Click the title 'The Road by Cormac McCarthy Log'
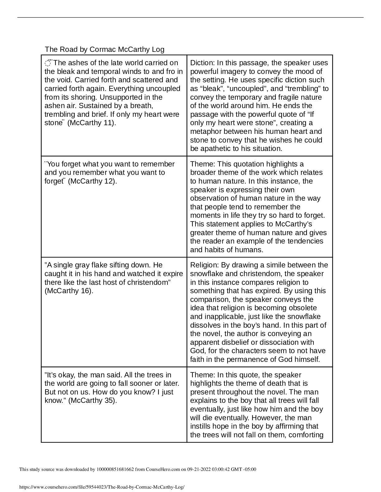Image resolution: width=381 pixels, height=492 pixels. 104,49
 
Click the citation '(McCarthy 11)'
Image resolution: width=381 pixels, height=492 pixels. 91,123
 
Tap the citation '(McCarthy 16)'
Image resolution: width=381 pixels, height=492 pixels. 69,291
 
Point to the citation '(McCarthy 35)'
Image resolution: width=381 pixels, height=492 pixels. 92,401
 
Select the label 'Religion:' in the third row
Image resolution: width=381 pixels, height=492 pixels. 205,265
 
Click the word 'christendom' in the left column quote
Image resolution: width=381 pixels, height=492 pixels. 149,282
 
